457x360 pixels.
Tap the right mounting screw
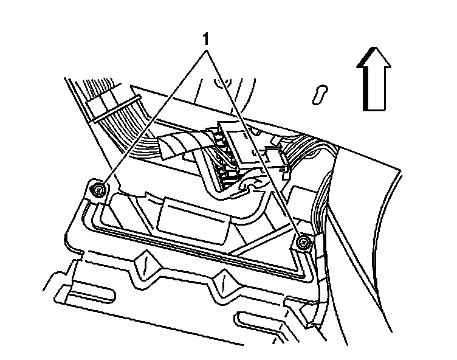[x=303, y=244]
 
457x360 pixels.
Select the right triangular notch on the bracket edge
[x=223, y=282]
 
